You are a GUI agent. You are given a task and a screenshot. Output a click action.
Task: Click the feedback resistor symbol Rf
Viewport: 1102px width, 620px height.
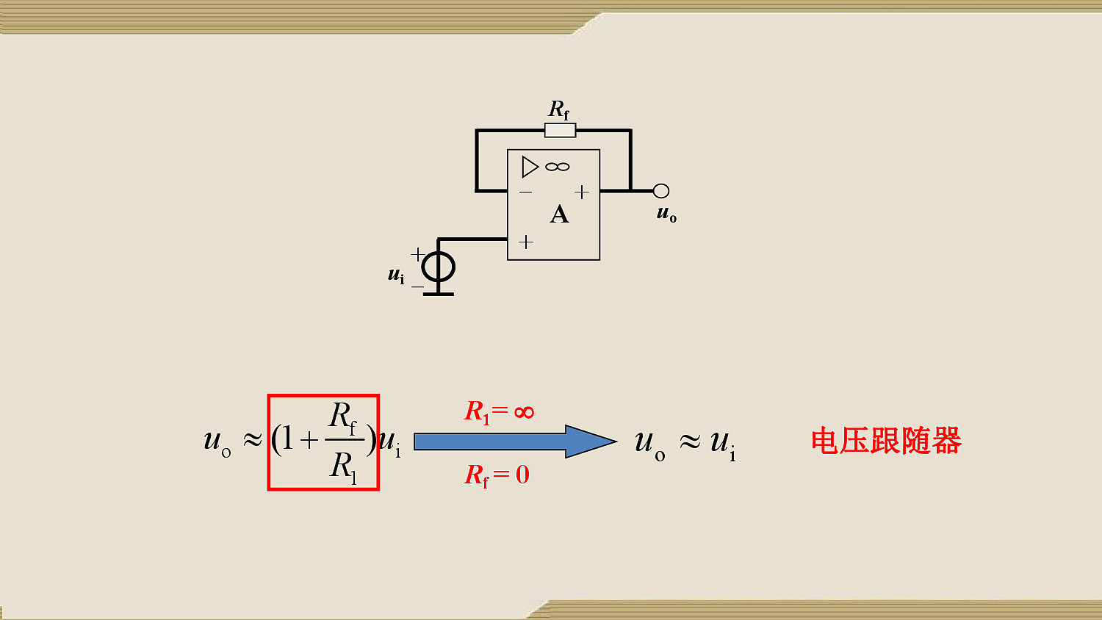(560, 131)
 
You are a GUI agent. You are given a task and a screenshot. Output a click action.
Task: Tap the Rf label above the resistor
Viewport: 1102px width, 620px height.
(559, 109)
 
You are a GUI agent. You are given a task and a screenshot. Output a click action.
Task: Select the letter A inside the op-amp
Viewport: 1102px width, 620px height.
(559, 215)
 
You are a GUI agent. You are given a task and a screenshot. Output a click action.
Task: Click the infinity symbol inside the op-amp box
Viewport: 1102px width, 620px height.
(558, 167)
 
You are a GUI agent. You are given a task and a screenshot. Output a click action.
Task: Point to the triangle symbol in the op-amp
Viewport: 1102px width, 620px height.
(530, 167)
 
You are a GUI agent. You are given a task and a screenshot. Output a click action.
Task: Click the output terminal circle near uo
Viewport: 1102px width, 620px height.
(660, 191)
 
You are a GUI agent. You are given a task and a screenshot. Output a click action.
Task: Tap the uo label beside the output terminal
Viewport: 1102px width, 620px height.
(666, 214)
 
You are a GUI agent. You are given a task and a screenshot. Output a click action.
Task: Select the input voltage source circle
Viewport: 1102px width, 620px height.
(439, 267)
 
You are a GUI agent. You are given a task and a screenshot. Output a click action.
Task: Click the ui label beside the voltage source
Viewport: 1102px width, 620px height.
(396, 275)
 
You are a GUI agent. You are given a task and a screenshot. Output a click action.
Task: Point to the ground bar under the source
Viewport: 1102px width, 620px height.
(439, 295)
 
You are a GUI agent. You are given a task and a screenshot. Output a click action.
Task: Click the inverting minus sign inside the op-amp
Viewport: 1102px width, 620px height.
(525, 192)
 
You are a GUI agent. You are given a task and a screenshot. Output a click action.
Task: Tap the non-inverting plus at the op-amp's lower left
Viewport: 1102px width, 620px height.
(526, 242)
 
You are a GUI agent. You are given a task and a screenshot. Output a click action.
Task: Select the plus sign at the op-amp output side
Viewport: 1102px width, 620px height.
(582, 192)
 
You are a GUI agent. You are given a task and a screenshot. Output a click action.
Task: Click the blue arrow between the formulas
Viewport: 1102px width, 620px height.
(515, 441)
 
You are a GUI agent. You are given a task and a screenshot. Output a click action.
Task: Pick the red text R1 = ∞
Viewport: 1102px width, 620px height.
(499, 411)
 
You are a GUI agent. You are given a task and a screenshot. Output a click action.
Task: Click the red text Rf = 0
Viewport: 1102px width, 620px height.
(497, 475)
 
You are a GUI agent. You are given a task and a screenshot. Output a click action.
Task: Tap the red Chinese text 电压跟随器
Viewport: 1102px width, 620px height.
(886, 441)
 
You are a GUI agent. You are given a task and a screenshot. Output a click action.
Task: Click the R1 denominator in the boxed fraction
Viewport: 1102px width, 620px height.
(343, 466)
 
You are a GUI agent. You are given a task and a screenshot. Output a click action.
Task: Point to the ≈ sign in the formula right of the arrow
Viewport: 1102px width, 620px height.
(690, 441)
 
